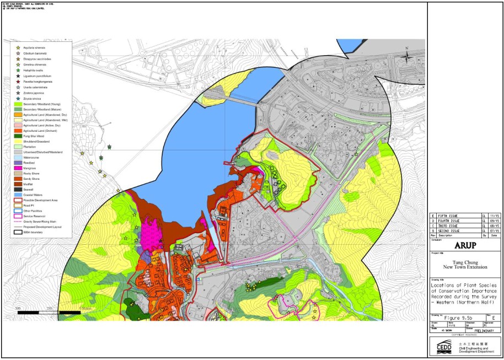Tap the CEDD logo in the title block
pos(444,346)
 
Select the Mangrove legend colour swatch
pos(19,168)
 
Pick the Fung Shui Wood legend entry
pos(34,136)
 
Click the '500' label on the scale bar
pos(18,308)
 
